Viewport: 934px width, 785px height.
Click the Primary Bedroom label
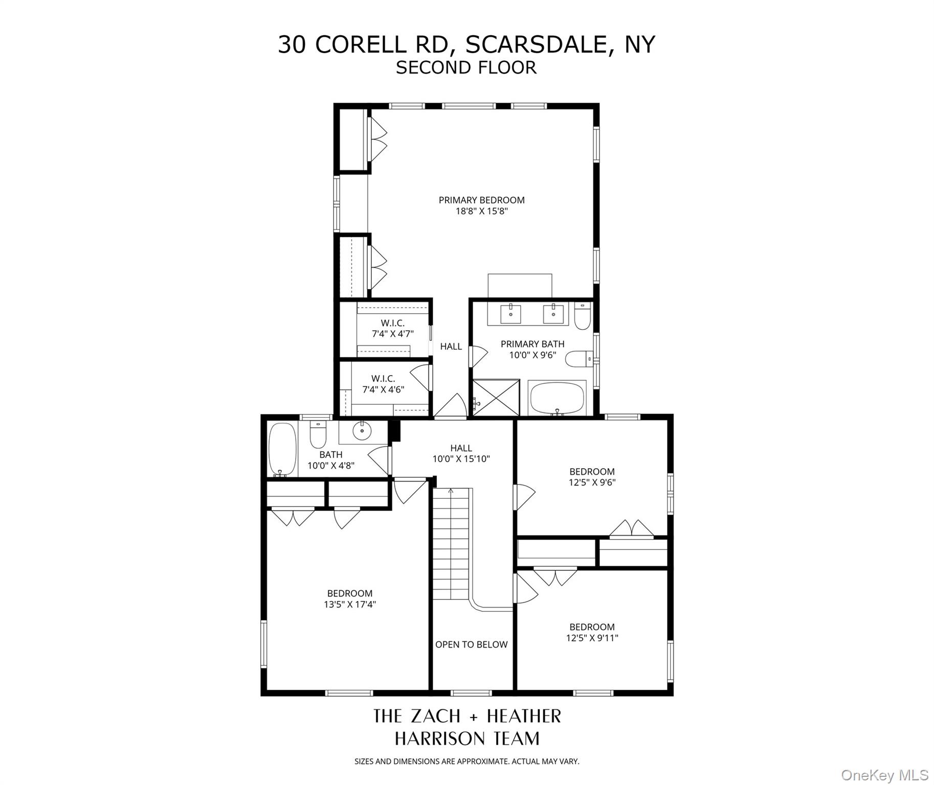481,200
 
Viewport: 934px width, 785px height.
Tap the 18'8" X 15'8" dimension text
481,211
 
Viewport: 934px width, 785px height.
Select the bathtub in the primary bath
557,399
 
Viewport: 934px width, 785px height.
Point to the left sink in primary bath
510,314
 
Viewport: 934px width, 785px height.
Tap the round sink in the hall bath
363,430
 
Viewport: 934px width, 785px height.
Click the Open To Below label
471,644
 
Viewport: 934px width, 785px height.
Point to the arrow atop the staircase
451,491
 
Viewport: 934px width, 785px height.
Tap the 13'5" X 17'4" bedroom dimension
350,605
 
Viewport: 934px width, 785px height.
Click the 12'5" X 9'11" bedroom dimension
592,638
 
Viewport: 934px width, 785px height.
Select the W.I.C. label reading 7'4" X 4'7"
392,329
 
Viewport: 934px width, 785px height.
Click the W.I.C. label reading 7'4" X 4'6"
383,384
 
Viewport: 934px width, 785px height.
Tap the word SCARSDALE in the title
536,44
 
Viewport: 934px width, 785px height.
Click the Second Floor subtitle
466,67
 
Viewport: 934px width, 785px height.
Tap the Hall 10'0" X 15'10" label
461,453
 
